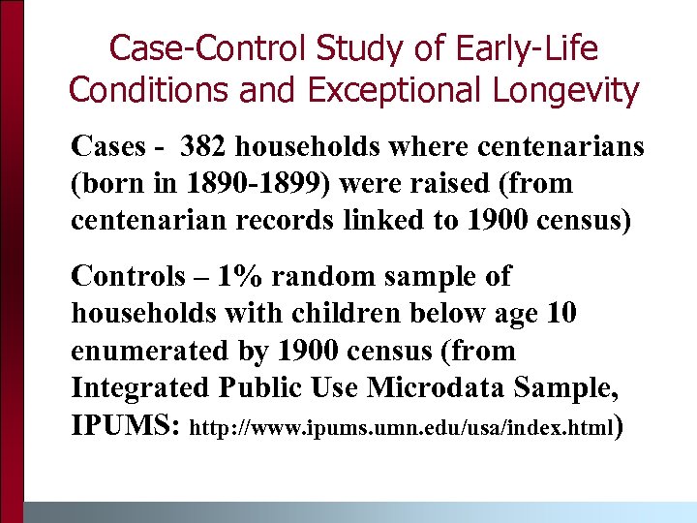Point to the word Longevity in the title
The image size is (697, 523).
(x=571, y=90)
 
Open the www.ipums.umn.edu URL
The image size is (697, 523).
(x=405, y=427)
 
